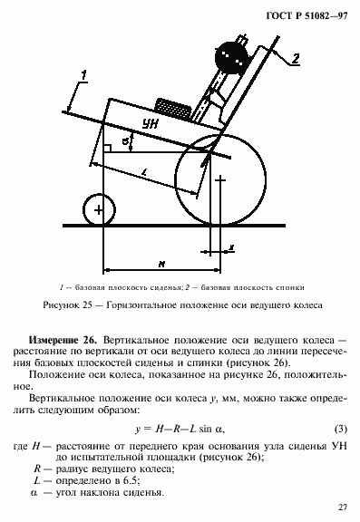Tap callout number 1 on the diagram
pyautogui.click(x=83, y=74)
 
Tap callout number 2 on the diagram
pyautogui.click(x=295, y=60)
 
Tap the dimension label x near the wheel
pyautogui.click(x=231, y=246)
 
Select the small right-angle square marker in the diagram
pyautogui.click(x=108, y=147)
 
